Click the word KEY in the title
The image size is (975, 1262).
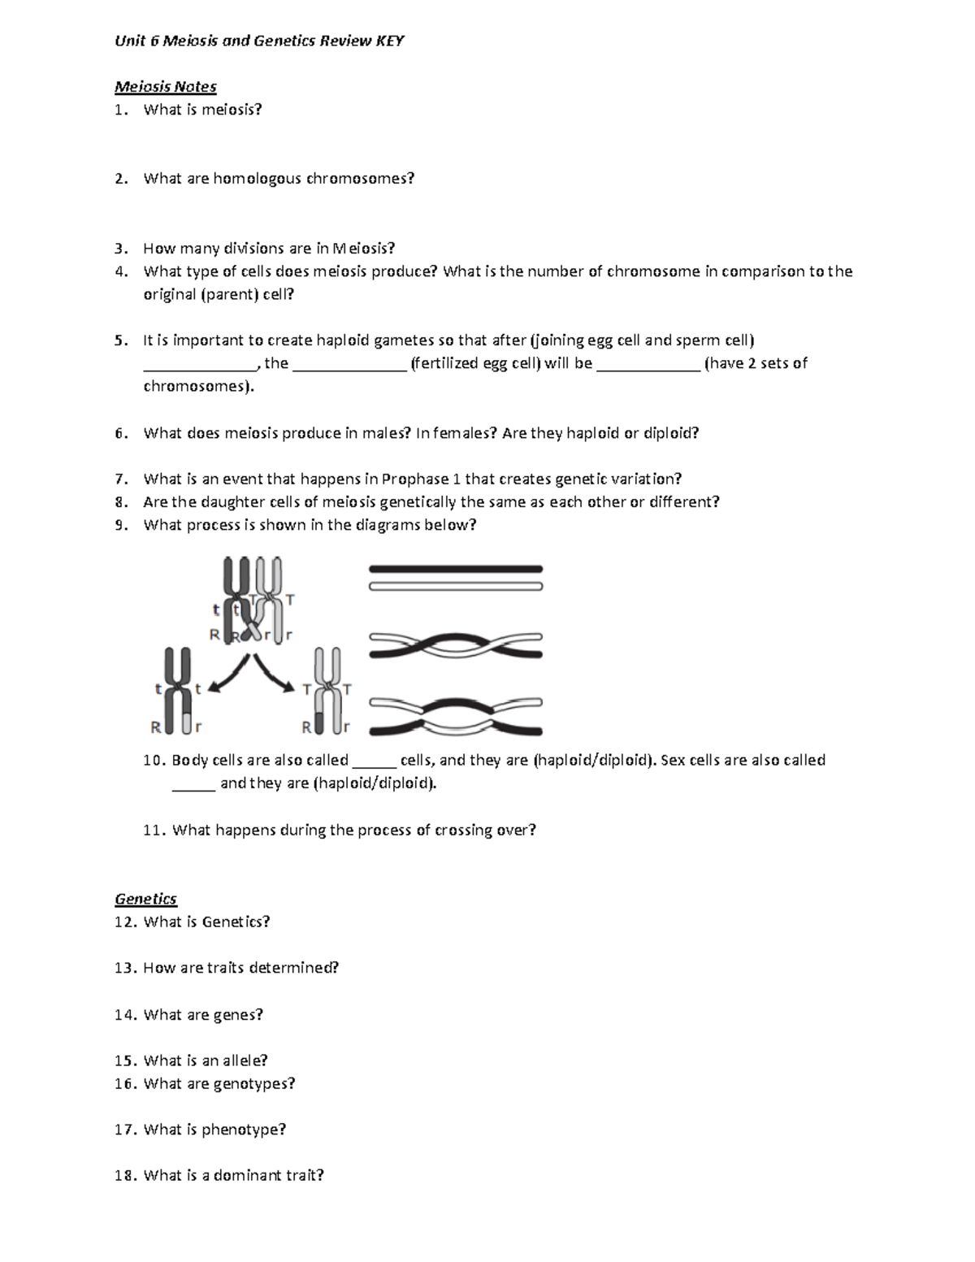pos(389,41)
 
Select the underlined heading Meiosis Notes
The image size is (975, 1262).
pos(165,86)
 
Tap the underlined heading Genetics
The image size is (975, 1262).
pos(145,898)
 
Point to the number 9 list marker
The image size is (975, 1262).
pos(120,525)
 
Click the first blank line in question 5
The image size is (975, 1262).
pos(200,365)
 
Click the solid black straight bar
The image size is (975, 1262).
pos(455,569)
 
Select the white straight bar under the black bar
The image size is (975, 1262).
pos(455,586)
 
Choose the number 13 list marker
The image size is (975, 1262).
pos(126,968)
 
